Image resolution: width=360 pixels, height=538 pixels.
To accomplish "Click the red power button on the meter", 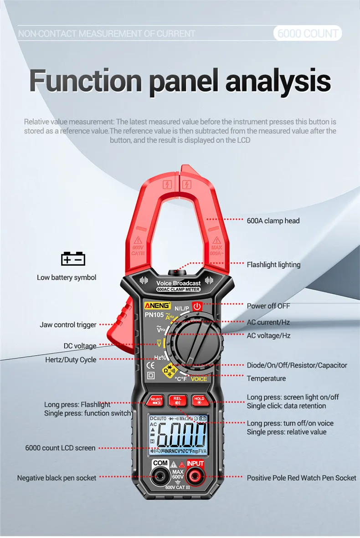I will pyautogui.click(x=197, y=306).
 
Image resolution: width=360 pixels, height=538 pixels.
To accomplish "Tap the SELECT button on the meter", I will pyautogui.click(x=156, y=400).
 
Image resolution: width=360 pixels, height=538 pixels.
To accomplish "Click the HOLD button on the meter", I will pyautogui.click(x=199, y=400).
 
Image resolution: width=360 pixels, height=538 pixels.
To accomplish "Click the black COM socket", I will pyautogui.click(x=160, y=477).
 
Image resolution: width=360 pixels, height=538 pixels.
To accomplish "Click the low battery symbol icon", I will pyautogui.click(x=73, y=259).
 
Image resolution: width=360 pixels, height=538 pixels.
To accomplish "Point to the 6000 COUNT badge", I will pyautogui.click(x=308, y=33).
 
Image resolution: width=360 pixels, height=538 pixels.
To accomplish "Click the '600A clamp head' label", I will pyautogui.click(x=273, y=220).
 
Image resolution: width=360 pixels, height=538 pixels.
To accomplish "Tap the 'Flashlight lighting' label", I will pyautogui.click(x=273, y=264).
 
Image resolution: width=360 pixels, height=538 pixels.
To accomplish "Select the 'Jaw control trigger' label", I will pyautogui.click(x=68, y=325).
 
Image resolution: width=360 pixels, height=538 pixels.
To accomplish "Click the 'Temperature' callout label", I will pyautogui.click(x=266, y=378).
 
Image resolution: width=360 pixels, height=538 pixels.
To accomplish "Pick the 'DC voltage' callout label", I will pyautogui.click(x=80, y=346).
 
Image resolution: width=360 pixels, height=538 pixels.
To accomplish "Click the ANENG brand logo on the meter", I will pyautogui.click(x=157, y=305).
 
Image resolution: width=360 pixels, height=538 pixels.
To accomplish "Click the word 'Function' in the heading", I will pyautogui.click(x=86, y=81).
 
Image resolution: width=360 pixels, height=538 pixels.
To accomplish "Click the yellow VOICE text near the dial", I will pyautogui.click(x=199, y=379).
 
